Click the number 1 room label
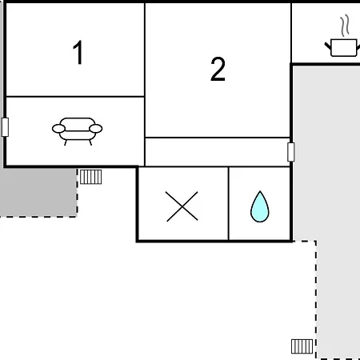pos(78,53)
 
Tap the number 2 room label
pos(218,69)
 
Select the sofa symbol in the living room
pos(77,131)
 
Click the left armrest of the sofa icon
pos(58,129)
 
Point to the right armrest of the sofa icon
pos(96,129)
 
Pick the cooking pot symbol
pos(343,47)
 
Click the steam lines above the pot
pos(345,26)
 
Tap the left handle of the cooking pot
pos(328,46)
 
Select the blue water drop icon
pos(260,206)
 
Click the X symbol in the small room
pos(182,206)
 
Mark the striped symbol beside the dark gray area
pos(90,177)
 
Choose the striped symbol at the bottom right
pos(302,346)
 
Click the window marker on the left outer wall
pos(5,127)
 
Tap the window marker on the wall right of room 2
pos(291,152)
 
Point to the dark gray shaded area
pos(38,192)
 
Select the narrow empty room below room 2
pos(218,152)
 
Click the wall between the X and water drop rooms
pos(229,203)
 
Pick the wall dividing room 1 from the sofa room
pos(75,97)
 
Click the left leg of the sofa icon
pos(66,142)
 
